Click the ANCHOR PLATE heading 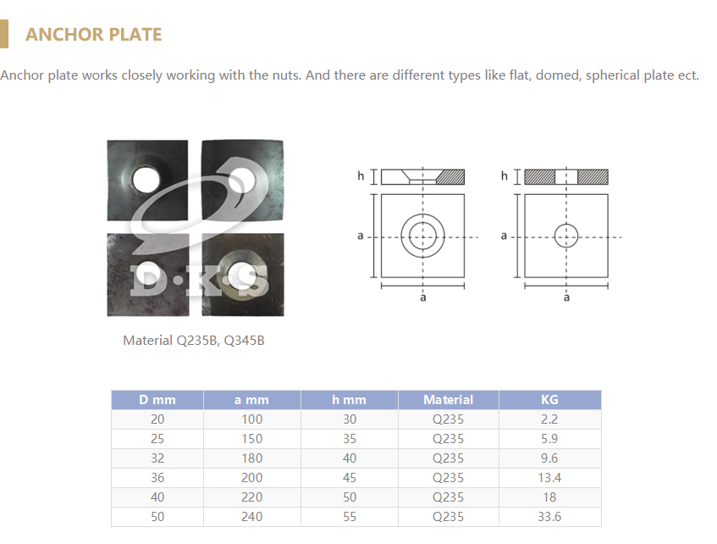pos(93,35)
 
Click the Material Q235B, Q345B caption pos(193,341)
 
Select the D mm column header pos(157,400)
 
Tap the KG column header pos(549,400)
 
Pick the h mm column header pos(350,400)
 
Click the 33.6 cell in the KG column pos(549,517)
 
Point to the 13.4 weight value pos(549,478)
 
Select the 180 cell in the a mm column pos(252,458)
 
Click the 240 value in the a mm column pos(252,517)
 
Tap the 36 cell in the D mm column pos(157,478)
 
